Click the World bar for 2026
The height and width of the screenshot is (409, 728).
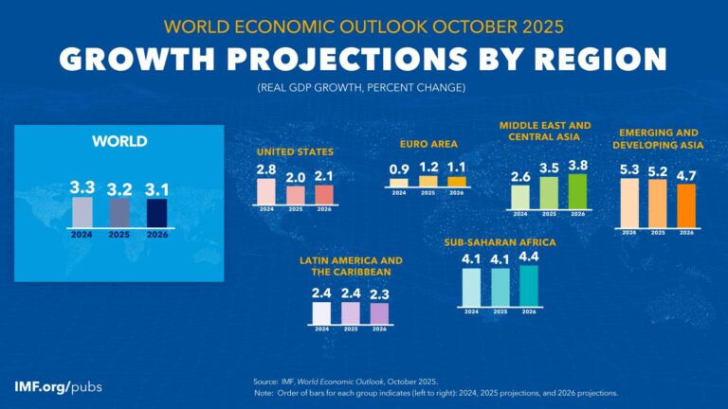[155, 213]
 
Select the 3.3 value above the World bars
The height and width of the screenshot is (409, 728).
[82, 187]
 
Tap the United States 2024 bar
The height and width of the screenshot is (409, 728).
[266, 191]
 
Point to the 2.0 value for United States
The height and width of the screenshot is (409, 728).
[296, 177]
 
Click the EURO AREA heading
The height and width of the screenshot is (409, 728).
[428, 145]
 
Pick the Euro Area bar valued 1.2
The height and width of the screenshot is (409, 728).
[428, 181]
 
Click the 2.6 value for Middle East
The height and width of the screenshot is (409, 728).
[520, 176]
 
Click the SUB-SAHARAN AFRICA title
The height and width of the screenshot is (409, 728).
[500, 242]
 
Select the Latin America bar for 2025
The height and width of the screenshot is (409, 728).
[351, 313]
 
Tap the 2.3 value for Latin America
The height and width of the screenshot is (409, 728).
[379, 293]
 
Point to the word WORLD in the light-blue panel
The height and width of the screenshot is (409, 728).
[118, 141]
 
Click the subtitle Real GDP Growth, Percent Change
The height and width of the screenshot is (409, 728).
[363, 88]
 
